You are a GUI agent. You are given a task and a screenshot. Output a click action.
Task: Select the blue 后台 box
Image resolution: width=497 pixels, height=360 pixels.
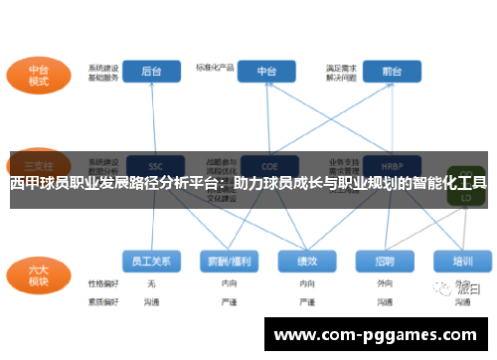click(x=152, y=72)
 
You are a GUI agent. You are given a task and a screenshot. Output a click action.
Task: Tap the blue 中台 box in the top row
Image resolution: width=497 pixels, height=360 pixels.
click(x=266, y=72)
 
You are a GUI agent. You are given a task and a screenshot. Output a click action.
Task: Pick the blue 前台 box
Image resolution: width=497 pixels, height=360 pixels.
click(x=391, y=72)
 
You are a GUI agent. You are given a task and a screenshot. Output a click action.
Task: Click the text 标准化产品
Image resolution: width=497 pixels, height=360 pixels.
click(x=216, y=68)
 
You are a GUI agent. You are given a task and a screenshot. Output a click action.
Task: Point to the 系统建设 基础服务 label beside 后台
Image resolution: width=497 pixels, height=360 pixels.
click(x=103, y=73)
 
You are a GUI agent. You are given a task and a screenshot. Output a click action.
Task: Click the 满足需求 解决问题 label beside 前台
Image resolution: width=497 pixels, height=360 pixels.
click(x=341, y=73)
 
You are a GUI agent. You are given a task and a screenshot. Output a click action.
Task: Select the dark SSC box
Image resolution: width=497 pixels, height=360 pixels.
click(x=154, y=166)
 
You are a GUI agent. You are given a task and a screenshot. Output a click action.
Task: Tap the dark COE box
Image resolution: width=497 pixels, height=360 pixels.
click(x=266, y=166)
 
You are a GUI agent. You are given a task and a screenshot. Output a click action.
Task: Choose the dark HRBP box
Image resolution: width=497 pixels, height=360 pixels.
click(x=390, y=166)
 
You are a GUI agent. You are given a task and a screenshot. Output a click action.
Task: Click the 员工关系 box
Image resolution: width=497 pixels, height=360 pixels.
click(x=152, y=262)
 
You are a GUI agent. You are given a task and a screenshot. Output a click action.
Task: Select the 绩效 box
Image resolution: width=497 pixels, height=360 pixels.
click(x=305, y=262)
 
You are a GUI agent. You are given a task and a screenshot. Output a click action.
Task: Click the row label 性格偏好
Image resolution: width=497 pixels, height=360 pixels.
click(x=102, y=283)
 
